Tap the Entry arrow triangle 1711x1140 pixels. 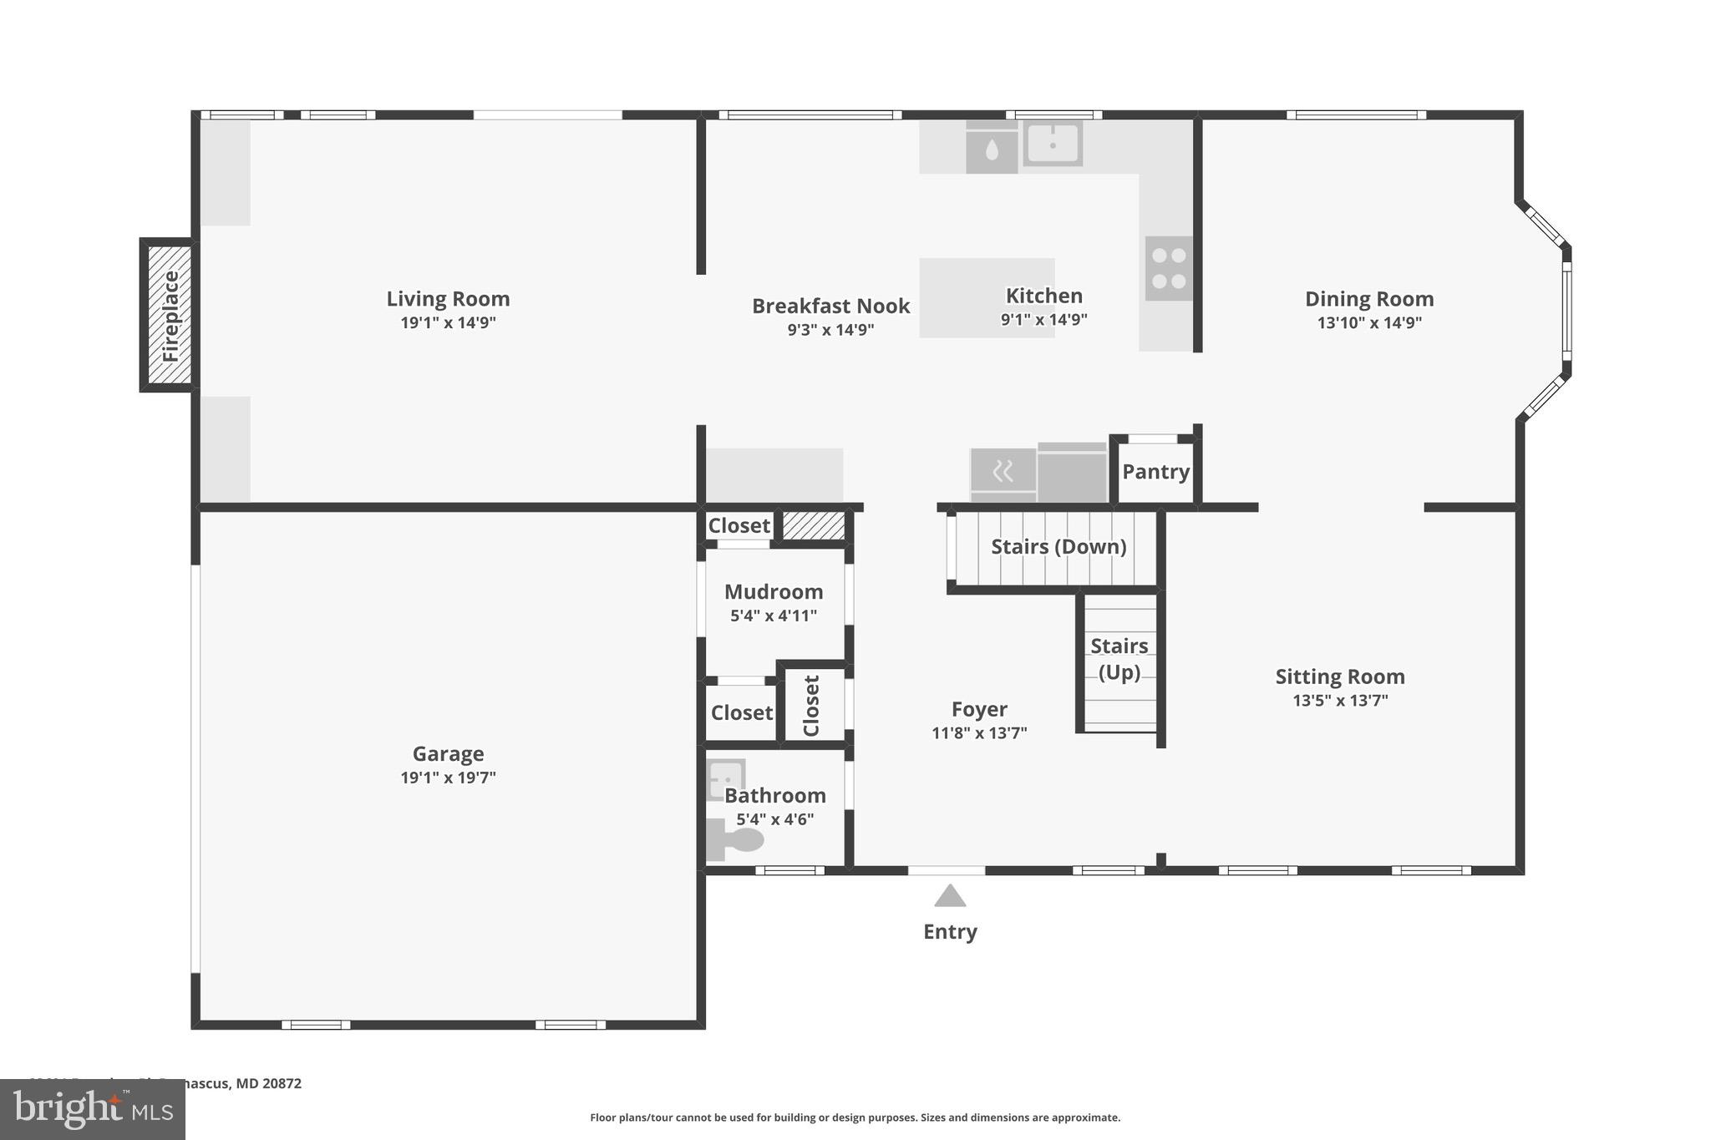950,897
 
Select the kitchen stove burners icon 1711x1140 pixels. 1168,269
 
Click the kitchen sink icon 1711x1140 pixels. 1053,144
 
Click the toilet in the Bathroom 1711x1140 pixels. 735,839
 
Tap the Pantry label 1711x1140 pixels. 1155,472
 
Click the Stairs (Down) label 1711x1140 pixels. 1059,547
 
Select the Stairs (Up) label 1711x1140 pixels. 1119,659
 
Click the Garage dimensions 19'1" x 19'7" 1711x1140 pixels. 448,778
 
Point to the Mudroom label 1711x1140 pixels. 774,592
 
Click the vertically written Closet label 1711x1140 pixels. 811,706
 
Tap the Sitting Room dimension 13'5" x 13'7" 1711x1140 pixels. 1340,701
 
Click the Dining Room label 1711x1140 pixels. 1369,299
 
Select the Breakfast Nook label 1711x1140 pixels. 830,307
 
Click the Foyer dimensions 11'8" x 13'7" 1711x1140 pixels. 979,733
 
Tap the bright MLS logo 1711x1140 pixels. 92,1110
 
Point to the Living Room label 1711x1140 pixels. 448,299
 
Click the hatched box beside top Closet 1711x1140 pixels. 813,526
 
